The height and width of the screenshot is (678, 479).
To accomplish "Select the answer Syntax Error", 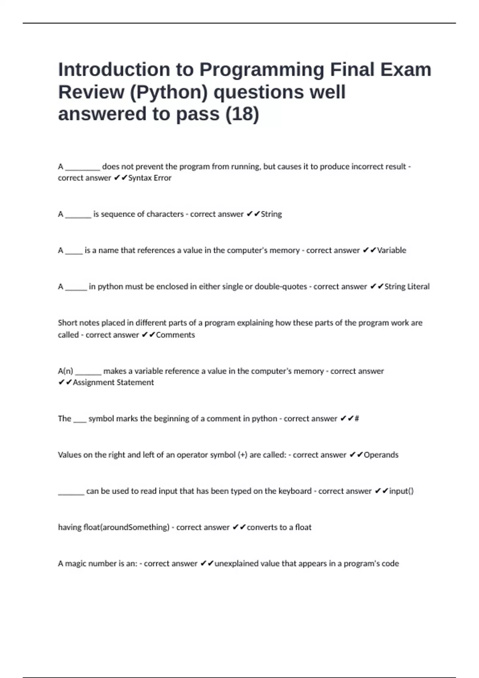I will pyautogui.click(x=150, y=178).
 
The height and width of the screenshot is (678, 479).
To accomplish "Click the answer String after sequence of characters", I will pyautogui.click(x=271, y=214).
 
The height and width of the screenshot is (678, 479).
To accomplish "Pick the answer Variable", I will pyautogui.click(x=392, y=250).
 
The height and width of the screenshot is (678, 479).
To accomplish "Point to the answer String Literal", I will pyautogui.click(x=407, y=287).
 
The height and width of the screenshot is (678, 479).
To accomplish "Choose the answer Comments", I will pyautogui.click(x=175, y=335).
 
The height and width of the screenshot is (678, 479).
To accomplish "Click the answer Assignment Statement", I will pyautogui.click(x=113, y=382).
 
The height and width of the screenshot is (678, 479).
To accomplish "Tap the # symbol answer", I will pyautogui.click(x=357, y=419).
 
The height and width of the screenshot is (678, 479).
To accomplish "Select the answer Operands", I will pyautogui.click(x=381, y=455).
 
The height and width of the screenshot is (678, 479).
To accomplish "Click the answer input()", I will pyautogui.click(x=401, y=491).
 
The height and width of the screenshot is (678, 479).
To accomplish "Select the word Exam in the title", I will pyautogui.click(x=406, y=70).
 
